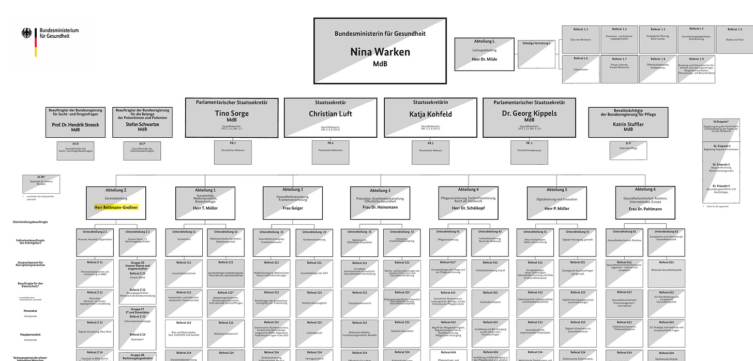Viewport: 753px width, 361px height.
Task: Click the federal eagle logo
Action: click(x=26, y=34)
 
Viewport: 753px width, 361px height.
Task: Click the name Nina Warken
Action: click(x=380, y=52)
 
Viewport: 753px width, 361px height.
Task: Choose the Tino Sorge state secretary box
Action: click(x=231, y=118)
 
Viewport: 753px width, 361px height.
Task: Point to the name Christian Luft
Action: click(x=330, y=113)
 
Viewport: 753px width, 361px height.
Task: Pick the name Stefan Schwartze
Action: click(x=142, y=124)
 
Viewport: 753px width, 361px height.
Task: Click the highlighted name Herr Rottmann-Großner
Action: click(x=116, y=208)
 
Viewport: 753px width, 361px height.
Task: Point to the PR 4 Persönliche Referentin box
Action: click(x=329, y=152)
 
